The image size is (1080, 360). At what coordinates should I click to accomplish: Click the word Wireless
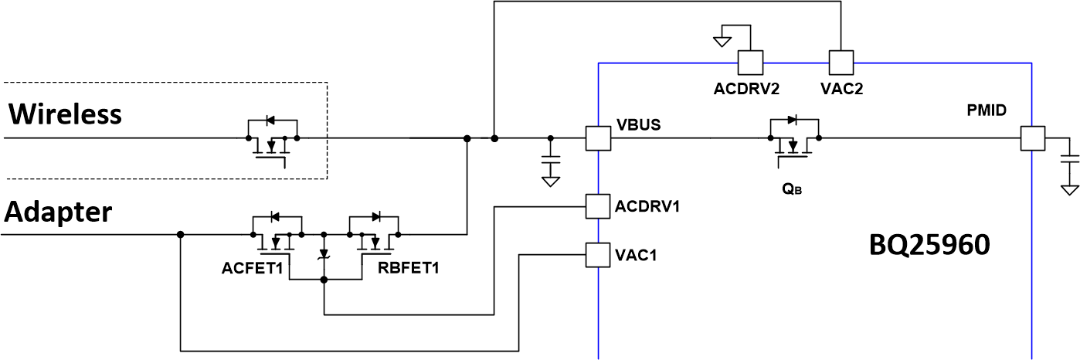click(x=65, y=114)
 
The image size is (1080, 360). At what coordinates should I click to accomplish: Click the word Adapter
click(x=59, y=210)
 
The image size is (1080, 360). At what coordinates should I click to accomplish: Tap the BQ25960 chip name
click(x=929, y=246)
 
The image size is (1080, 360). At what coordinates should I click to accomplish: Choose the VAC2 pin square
click(x=841, y=62)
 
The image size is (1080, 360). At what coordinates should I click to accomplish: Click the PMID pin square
click(x=1032, y=139)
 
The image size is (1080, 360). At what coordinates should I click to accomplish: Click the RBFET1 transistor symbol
click(x=374, y=233)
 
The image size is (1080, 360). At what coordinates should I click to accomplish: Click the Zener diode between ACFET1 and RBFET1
click(x=324, y=256)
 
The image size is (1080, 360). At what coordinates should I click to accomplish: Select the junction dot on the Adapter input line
click(x=179, y=233)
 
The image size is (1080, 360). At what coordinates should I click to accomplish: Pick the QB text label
click(x=793, y=186)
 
